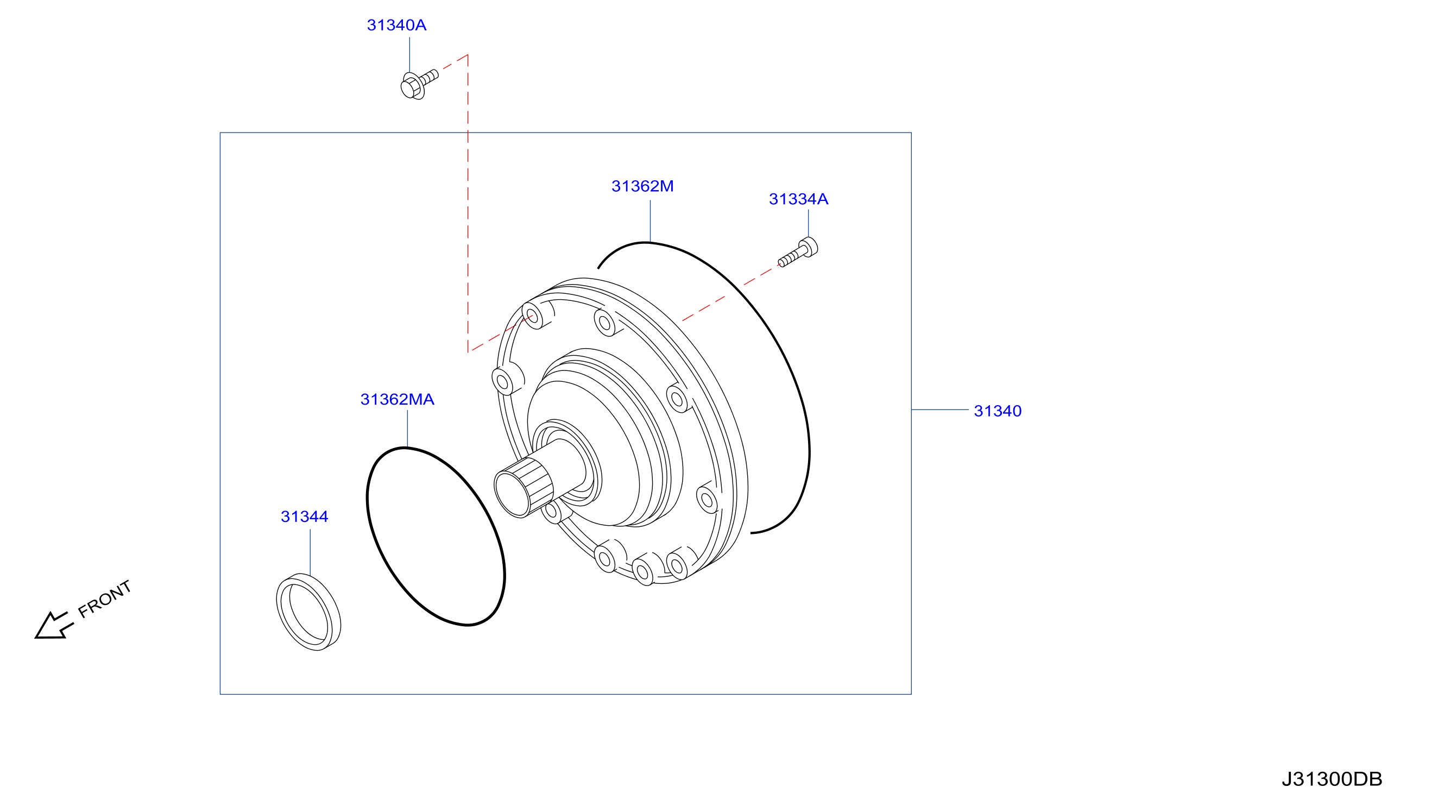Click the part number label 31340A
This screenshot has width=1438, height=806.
coord(396,25)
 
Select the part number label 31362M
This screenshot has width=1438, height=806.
coord(642,186)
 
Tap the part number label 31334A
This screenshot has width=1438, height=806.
coord(798,199)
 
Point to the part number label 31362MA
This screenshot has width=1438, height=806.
coord(397,399)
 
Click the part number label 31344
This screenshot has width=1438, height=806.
coord(304,517)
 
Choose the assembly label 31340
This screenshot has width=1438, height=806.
coord(998,411)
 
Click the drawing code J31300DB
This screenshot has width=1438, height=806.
coord(1332,779)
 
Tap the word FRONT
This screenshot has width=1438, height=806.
coord(104,599)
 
